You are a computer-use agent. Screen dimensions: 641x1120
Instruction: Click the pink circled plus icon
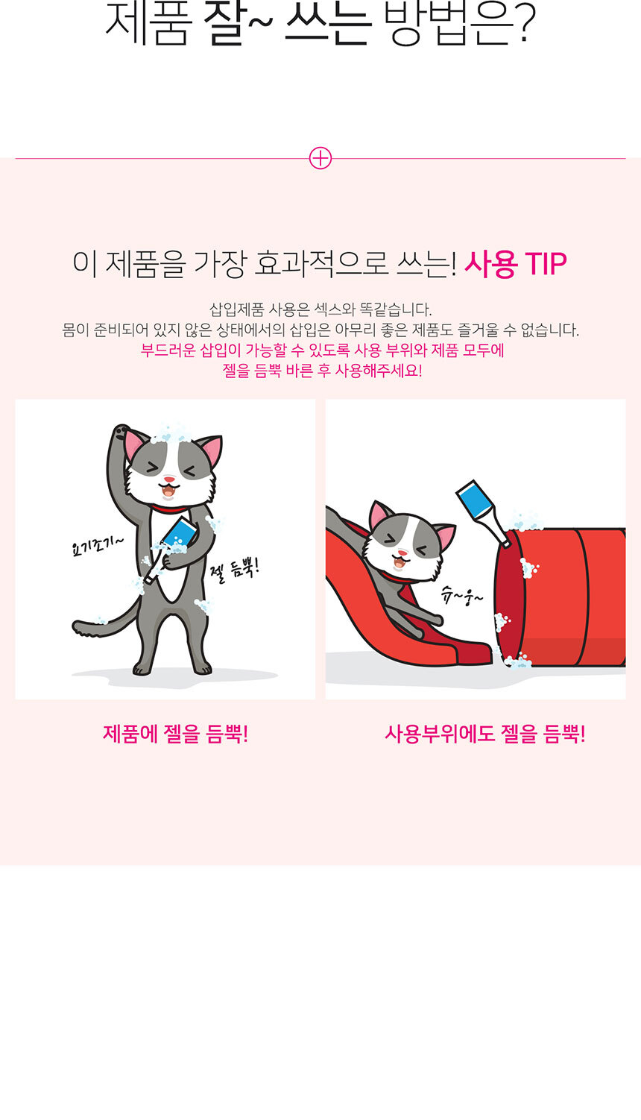coord(320,158)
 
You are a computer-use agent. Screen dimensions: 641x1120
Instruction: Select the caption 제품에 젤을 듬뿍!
coord(175,734)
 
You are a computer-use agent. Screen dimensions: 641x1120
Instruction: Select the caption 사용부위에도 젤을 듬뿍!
coord(484,734)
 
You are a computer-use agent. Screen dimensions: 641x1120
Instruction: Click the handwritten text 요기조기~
coord(98,546)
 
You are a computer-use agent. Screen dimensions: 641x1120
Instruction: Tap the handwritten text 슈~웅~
coord(461,596)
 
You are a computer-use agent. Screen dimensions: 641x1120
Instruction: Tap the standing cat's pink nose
coord(169,479)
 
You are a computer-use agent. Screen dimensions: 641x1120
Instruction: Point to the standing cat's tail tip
coord(77,626)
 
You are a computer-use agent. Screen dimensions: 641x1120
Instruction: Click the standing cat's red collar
coord(170,509)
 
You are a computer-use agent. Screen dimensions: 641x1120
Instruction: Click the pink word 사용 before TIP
coord(491,264)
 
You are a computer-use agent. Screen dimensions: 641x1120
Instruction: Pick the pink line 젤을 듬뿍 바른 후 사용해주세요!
coord(322,371)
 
